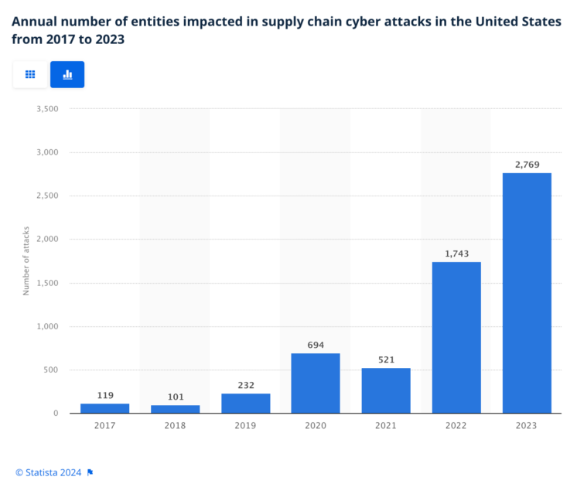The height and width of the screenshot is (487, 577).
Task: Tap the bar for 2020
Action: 316,383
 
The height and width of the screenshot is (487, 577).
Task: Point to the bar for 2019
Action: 245,403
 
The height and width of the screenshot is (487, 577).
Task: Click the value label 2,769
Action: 527,164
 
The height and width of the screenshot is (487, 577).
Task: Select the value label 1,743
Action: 456,254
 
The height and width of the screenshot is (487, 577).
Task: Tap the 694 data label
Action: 316,345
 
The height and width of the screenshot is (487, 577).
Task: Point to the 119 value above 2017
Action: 105,395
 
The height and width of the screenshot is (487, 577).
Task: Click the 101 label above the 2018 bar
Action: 176,397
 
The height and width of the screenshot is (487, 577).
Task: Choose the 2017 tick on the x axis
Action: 105,425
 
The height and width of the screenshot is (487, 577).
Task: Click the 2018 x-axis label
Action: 176,425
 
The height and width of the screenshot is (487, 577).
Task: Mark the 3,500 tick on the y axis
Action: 47,109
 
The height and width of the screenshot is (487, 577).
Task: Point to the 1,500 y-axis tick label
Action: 47,283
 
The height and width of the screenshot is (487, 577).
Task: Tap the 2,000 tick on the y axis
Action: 47,240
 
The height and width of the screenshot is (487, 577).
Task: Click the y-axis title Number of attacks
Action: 26,261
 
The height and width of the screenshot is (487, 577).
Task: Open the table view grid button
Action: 30,74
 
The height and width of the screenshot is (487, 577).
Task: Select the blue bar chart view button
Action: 67,74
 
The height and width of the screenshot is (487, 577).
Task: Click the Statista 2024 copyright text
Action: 49,472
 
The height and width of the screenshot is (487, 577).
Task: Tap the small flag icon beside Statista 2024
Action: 90,472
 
